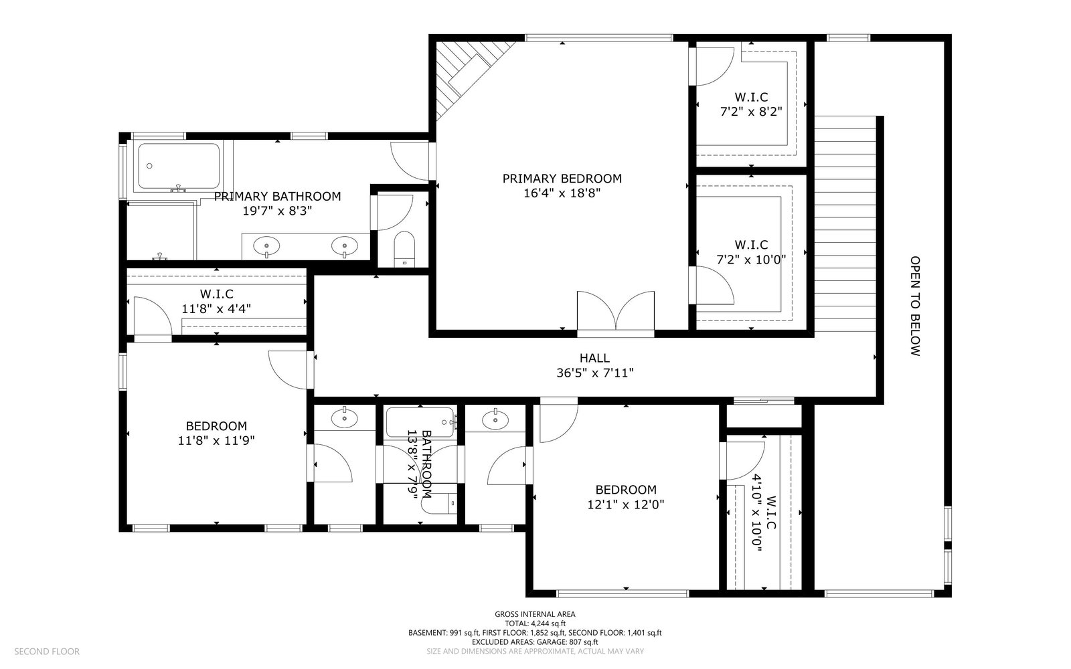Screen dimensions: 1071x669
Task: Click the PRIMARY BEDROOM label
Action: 562,179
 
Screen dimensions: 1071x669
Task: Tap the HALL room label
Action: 594,358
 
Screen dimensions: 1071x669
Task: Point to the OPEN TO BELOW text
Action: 914,306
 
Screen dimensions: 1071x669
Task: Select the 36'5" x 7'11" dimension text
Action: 595,373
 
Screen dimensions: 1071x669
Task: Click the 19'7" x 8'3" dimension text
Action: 277,211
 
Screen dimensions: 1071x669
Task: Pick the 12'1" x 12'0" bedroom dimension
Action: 625,504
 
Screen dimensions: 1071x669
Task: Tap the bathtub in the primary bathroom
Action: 179,166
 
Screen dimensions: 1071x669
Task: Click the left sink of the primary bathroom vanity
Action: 266,247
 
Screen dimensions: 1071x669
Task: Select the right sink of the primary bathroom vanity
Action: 344,247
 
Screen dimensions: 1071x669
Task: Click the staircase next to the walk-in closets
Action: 845,223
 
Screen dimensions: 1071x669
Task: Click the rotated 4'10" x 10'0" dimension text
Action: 757,512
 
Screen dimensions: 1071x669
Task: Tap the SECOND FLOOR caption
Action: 47,652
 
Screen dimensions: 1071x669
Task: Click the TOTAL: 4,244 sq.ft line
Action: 535,624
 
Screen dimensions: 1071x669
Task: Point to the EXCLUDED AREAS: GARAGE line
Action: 535,642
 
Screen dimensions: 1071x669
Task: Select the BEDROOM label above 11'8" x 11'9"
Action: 216,426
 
